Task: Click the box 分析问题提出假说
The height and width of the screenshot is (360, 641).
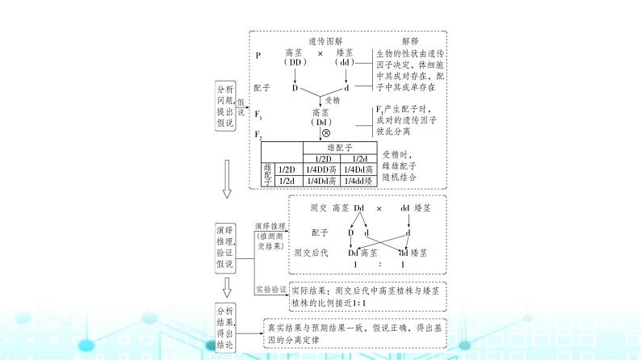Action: (224, 105)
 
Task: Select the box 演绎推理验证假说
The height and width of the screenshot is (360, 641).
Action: (224, 247)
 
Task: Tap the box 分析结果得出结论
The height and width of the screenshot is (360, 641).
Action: (224, 327)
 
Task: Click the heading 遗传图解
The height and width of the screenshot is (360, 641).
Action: (324, 42)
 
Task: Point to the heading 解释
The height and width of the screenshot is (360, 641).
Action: (409, 42)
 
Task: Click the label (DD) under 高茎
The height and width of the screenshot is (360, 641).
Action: (292, 63)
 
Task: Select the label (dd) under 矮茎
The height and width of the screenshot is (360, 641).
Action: (346, 63)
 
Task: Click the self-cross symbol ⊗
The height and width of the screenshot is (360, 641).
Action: (326, 132)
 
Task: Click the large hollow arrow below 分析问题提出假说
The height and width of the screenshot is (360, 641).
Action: (228, 178)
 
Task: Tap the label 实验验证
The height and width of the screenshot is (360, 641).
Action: (270, 288)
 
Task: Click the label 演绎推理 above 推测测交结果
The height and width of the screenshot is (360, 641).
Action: (270, 226)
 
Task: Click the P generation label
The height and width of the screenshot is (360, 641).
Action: (258, 55)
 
